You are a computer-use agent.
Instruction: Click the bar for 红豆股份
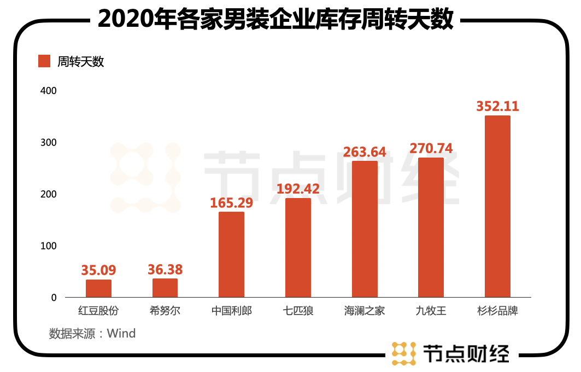coord(98,288)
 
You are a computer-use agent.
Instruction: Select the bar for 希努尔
coord(165,288)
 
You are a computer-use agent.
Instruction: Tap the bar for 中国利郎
coord(231,254)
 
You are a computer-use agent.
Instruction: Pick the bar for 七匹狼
coord(298,247)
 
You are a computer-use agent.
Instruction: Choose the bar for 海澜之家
coord(365,229)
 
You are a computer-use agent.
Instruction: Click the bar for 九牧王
coord(431,227)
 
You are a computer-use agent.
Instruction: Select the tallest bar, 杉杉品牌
coord(497,206)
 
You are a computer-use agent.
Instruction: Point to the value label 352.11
coord(497,106)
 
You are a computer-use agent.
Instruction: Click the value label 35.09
coord(98,270)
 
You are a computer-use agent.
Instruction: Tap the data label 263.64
coord(365,151)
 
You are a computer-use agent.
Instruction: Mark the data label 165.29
coord(232,202)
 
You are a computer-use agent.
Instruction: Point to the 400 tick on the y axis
coord(48,90)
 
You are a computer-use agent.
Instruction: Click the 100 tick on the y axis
coord(48,246)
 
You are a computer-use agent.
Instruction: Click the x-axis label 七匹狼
coord(298,311)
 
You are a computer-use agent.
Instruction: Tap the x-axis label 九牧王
coord(431,311)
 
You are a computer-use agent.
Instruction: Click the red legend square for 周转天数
coord(44,61)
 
